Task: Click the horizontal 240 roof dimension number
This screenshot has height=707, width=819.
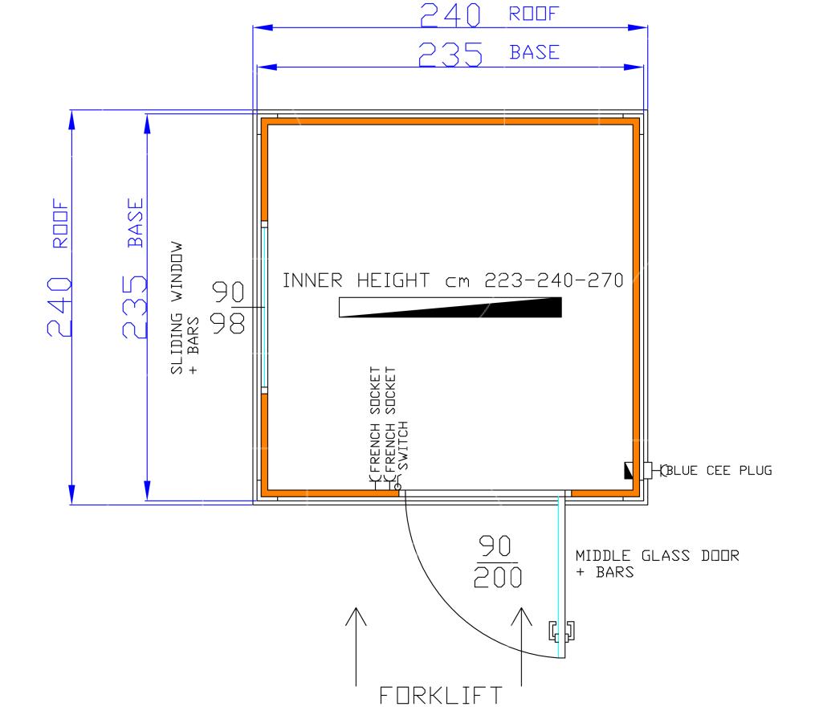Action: point(450,15)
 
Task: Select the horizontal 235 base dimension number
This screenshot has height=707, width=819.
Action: point(450,55)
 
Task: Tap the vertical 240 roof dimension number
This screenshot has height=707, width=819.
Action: point(59,307)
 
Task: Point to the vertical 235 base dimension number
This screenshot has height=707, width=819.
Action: point(135,307)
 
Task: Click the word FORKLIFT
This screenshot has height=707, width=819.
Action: point(441,696)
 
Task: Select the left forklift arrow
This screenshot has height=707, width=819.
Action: point(357,647)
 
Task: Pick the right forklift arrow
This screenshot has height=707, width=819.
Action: point(521,647)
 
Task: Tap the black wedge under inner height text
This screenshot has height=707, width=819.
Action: point(450,307)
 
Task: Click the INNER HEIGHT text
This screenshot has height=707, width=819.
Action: point(357,280)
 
